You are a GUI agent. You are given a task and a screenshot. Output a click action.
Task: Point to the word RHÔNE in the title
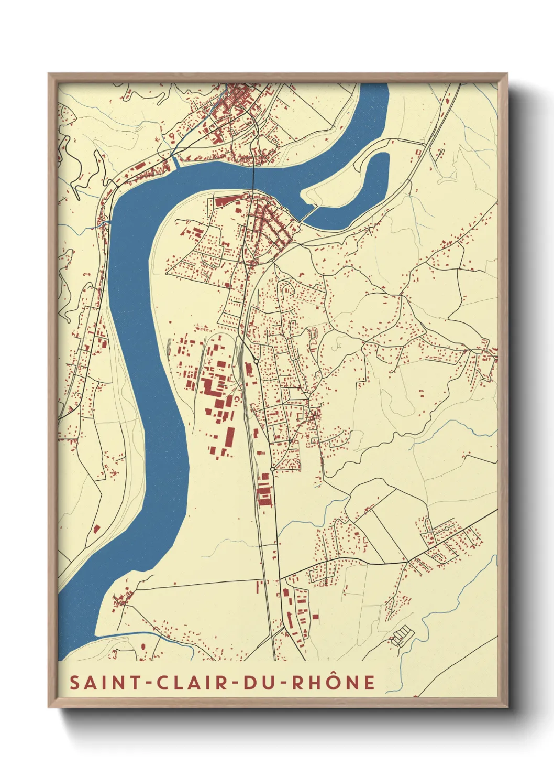coord(333,682)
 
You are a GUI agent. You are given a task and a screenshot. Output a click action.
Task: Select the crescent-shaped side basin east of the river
coord(367,189)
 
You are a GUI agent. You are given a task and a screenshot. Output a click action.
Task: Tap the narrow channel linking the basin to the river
coord(308,213)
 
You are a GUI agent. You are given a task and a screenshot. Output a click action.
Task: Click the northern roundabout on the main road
coord(256,361)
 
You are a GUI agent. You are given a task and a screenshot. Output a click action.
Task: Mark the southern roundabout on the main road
coord(272,469)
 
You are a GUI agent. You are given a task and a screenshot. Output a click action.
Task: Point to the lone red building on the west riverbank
coord(96,529)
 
